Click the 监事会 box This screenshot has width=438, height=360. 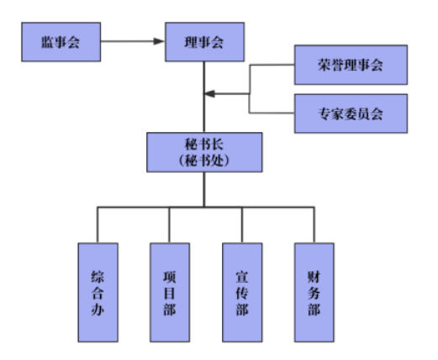[61, 42]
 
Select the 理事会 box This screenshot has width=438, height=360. [204, 42]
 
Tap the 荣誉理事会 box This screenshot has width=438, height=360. [351, 65]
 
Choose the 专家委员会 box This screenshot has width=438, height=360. [351, 114]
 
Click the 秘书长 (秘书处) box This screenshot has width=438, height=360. [204, 152]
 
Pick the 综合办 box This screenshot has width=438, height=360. [98, 293]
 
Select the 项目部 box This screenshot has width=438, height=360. [170, 293]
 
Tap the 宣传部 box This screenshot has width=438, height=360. [242, 293]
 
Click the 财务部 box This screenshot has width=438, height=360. [314, 293]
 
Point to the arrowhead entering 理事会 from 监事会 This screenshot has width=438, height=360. [159, 41]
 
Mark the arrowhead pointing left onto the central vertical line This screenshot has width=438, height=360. [210, 93]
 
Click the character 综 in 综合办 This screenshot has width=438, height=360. [98, 277]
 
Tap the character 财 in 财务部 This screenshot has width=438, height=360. [314, 277]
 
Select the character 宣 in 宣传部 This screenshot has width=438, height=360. [242, 277]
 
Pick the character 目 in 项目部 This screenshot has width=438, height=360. [170, 294]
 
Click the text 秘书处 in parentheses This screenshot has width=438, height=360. [204, 161]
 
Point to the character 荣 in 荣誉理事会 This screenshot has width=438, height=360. [325, 65]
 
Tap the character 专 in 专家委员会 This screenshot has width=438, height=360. [325, 114]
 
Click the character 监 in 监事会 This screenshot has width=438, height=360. [48, 42]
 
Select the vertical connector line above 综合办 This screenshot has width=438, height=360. [98, 225]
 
